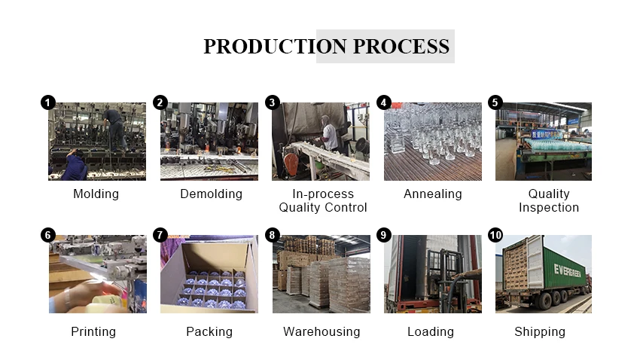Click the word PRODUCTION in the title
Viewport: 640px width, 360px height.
tap(265, 47)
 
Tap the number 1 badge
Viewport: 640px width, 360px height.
tap(48, 102)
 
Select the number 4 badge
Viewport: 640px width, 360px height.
tap(384, 102)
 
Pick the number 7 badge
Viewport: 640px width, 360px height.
tap(160, 235)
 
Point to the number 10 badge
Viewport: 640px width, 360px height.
tap(495, 235)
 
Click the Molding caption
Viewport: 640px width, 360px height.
tap(96, 194)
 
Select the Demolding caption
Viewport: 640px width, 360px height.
tap(211, 194)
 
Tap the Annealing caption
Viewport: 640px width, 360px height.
tap(433, 194)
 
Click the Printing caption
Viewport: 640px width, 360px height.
tap(93, 331)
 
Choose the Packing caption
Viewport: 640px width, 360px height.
tap(209, 331)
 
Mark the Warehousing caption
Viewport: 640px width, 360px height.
tap(322, 331)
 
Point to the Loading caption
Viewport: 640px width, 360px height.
tap(431, 331)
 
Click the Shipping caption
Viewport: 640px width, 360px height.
tap(540, 331)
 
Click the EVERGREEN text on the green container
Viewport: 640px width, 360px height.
tap(571, 271)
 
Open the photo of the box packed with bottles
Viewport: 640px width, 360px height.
tap(209, 274)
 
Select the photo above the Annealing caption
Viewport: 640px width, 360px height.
tap(433, 142)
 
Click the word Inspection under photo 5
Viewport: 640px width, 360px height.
tap(549, 207)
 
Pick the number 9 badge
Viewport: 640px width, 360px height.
tap(384, 235)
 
